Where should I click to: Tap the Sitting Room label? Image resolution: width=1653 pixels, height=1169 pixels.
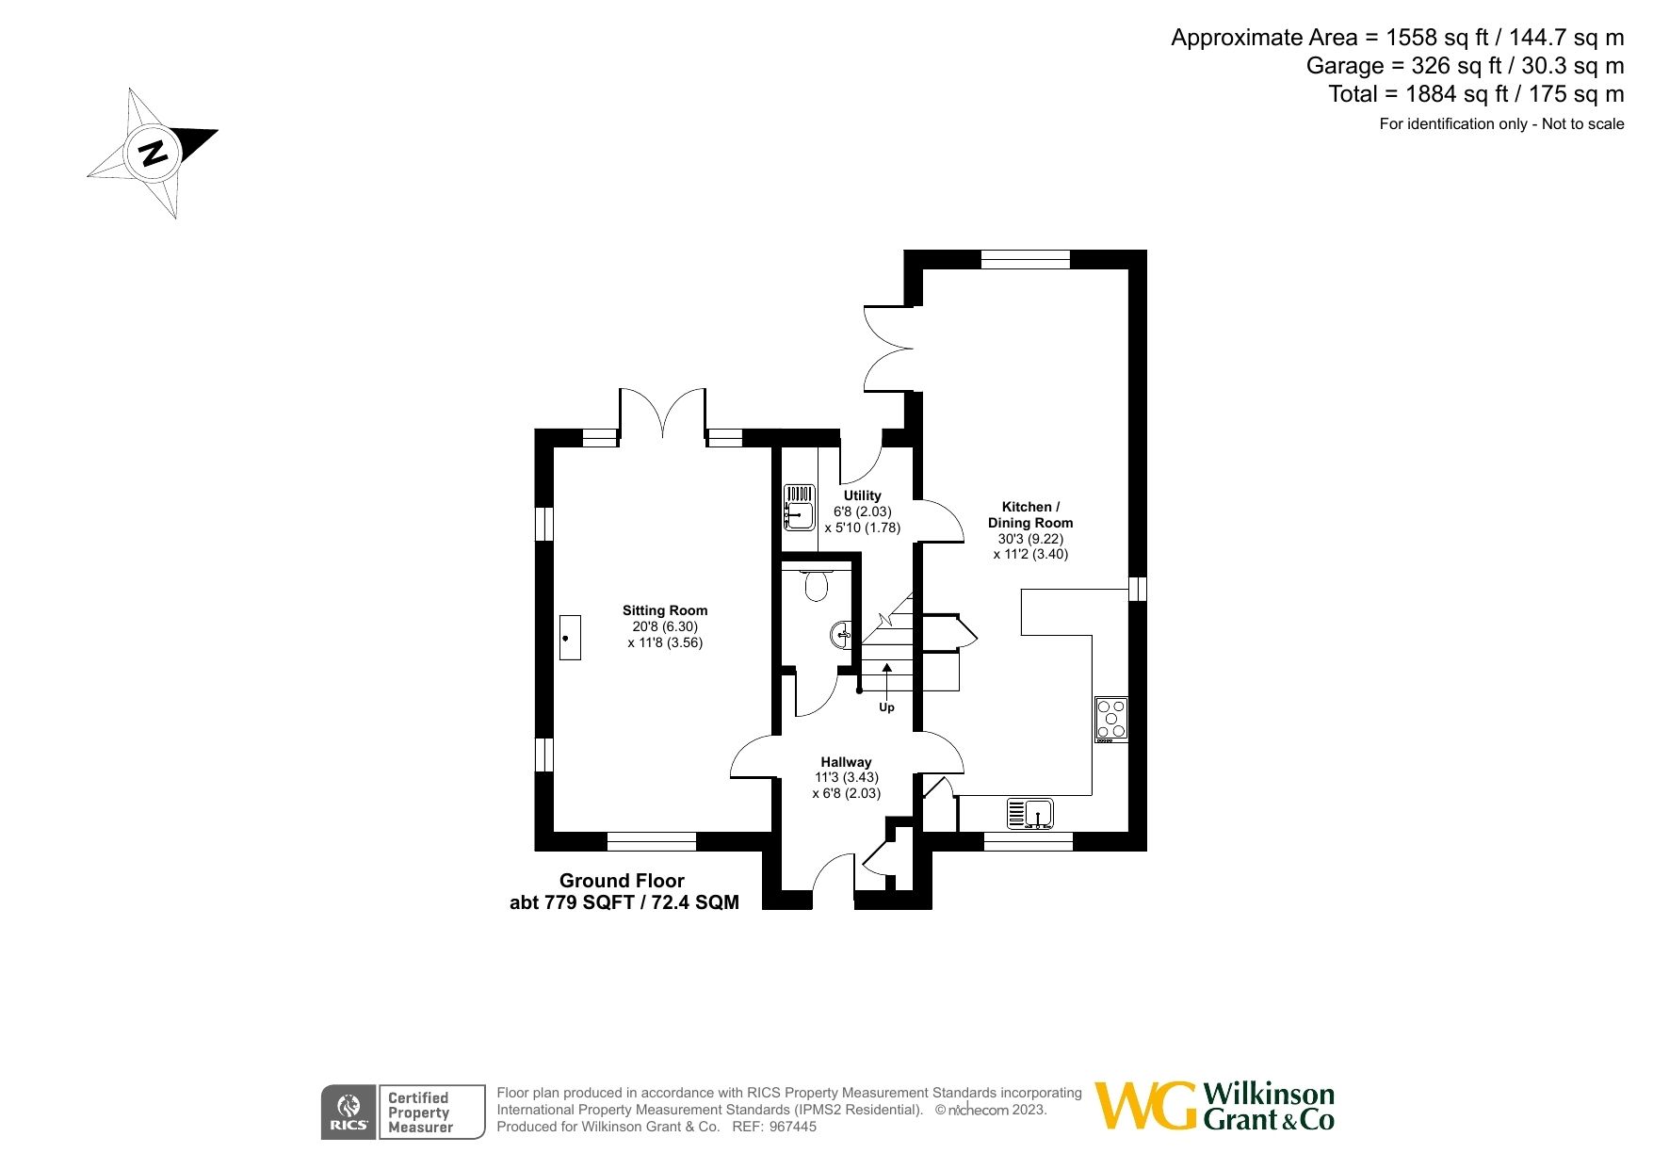(664, 610)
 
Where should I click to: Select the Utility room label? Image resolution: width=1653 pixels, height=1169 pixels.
(862, 495)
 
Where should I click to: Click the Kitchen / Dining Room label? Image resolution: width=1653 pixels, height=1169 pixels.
(1030, 514)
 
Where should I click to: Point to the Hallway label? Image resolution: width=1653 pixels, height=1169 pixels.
(845, 762)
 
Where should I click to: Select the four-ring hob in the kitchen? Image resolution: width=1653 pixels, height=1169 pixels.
(1111, 719)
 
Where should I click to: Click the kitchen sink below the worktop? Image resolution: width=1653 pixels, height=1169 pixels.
(1029, 813)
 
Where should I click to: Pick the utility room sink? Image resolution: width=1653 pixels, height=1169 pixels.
(800, 508)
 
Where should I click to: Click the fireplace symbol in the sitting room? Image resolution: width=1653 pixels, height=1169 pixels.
(570, 638)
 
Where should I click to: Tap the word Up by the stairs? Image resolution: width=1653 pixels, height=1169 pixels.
(886, 707)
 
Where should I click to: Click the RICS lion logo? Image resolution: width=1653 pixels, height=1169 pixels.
(348, 1112)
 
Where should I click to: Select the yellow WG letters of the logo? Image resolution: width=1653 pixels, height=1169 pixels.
(1145, 1106)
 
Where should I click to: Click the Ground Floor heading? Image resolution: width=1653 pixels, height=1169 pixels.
(622, 881)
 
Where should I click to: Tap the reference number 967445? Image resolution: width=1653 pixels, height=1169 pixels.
(793, 1127)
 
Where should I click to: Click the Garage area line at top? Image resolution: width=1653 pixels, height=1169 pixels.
(1464, 66)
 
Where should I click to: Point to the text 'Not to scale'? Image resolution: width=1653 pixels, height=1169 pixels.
(1582, 123)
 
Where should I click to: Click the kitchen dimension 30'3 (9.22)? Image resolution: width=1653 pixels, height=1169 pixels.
(1030, 539)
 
